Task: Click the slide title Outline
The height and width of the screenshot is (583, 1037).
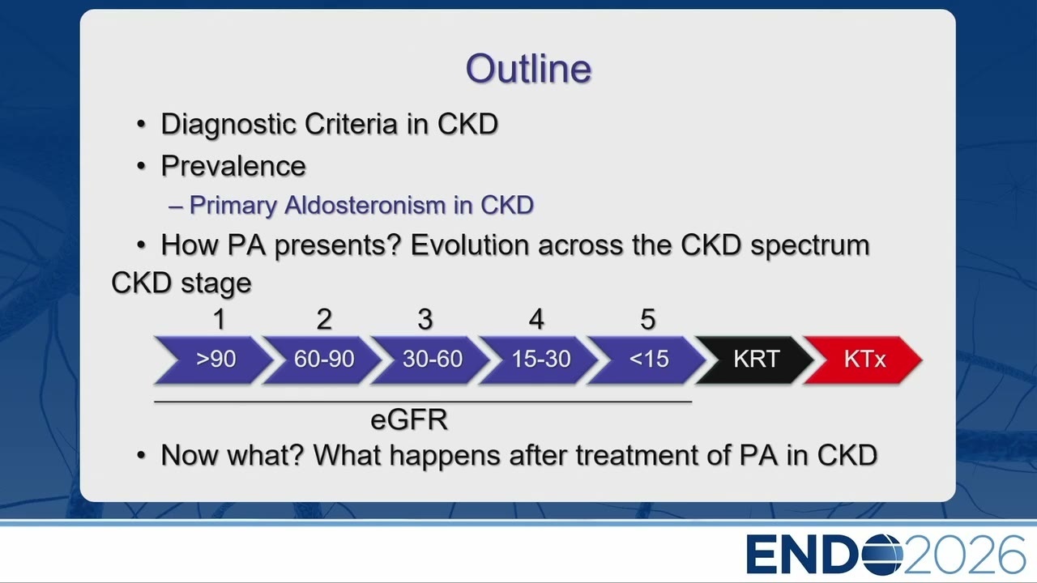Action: pos(528,69)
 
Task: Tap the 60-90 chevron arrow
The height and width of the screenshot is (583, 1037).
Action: pos(322,360)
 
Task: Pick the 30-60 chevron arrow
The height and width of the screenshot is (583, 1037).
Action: pos(431,360)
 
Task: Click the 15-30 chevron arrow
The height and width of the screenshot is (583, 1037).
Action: pos(540,360)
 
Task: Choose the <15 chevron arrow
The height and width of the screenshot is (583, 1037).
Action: pos(647,360)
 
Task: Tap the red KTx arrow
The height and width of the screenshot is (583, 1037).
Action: pos(864,360)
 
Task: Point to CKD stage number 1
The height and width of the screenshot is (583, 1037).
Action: pos(219,319)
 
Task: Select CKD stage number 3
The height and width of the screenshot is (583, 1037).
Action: pos(425,319)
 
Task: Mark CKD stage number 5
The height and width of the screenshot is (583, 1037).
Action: pos(647,319)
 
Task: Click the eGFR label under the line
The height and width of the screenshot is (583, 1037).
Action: pos(409,419)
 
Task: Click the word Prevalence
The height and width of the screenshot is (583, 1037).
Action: pos(233,166)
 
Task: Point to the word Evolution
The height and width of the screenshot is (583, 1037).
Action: pos(470,245)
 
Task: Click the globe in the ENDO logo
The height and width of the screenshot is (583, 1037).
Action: pos(882,554)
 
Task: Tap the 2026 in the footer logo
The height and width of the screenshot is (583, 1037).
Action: pos(964,555)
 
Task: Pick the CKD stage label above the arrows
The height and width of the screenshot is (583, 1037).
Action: pos(181,283)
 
